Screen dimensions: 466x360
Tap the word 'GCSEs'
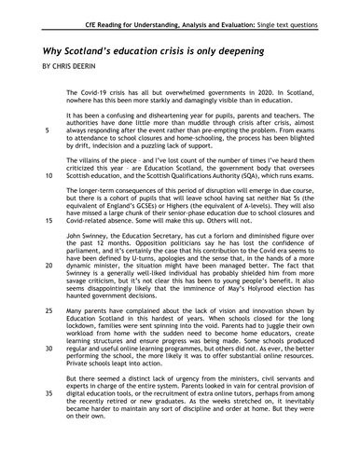166,207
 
